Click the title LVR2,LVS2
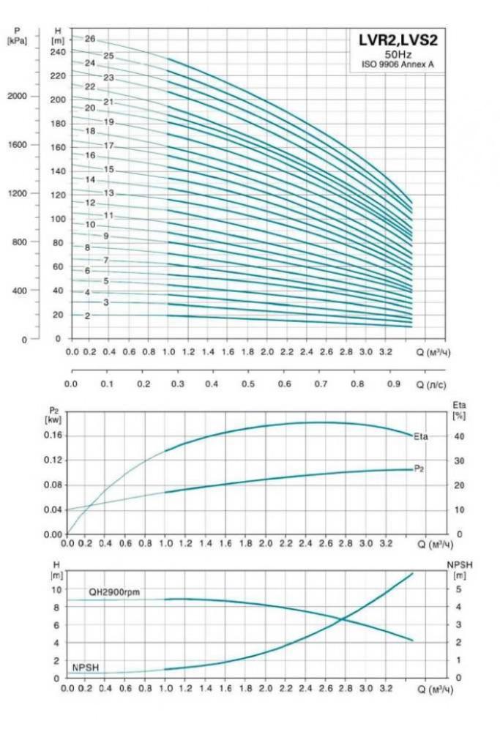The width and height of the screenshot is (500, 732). point(398,40)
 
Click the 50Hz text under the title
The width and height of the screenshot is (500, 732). point(398,54)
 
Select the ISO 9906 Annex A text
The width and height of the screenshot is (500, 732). point(398,64)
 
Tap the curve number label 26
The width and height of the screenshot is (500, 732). point(90,39)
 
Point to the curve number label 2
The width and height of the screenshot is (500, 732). point(87,316)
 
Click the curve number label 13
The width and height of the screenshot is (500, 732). point(108,193)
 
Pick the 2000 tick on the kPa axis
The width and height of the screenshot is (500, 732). point(18,97)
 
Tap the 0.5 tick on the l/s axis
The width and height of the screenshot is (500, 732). point(248,384)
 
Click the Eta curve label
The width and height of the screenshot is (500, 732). point(420,437)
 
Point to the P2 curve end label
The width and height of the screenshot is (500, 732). point(419,468)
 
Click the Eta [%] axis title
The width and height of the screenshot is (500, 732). point(460,409)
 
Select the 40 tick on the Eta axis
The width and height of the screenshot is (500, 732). point(457,436)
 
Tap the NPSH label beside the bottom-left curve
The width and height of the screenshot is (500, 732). point(85,667)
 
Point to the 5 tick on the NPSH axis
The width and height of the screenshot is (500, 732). point(456,589)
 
